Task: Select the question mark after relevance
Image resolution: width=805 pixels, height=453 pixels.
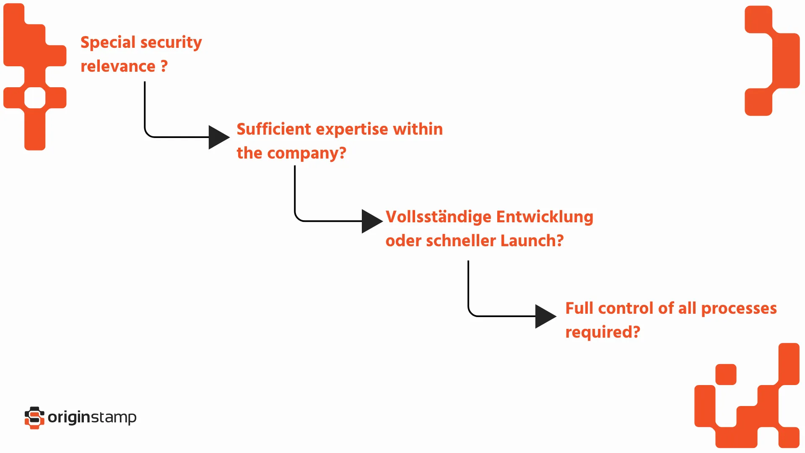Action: tap(164, 66)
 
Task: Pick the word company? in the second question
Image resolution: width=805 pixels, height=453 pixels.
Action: tap(306, 154)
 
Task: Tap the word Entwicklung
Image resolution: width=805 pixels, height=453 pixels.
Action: tap(545, 217)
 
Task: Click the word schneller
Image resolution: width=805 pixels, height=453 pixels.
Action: tap(461, 241)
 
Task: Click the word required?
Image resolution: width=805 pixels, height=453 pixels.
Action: tap(602, 332)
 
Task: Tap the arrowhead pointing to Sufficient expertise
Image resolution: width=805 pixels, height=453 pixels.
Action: tap(218, 137)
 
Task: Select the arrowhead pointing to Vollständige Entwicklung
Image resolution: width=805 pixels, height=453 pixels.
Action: tap(371, 221)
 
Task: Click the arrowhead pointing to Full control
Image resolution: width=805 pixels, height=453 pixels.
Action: tap(545, 316)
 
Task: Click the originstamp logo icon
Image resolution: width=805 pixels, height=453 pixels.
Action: tap(34, 418)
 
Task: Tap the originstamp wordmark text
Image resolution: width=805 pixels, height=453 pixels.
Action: tap(92, 418)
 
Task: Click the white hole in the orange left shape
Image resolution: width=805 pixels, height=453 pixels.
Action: tap(35, 98)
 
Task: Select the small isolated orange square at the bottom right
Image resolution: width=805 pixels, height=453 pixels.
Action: tap(726, 374)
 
